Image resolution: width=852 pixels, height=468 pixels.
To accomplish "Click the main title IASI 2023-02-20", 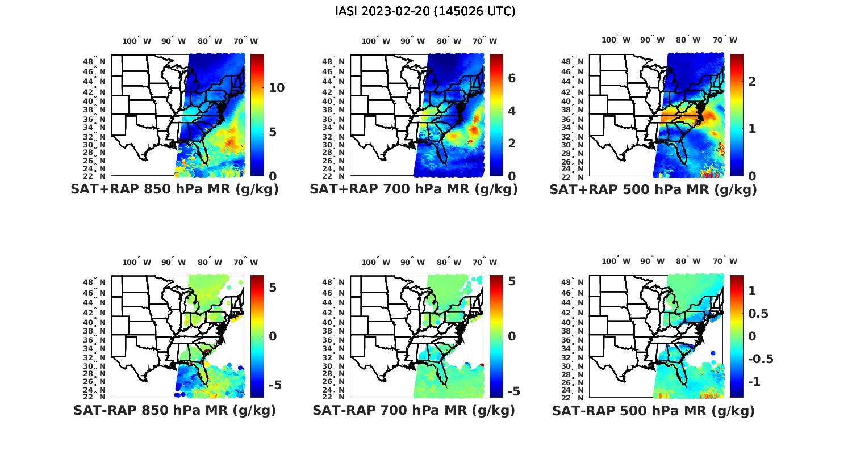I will pyautogui.click(x=425, y=11).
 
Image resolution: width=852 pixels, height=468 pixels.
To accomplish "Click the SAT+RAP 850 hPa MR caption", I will pyautogui.click(x=174, y=189).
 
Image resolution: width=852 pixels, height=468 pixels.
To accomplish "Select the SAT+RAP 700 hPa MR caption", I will pyautogui.click(x=414, y=189).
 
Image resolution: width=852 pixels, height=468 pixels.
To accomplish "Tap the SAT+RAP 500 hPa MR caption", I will pyautogui.click(x=653, y=189).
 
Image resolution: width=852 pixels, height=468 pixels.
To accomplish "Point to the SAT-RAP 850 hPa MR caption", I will pyautogui.click(x=174, y=410).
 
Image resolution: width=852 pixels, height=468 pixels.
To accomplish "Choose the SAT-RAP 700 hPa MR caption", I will pyautogui.click(x=414, y=410).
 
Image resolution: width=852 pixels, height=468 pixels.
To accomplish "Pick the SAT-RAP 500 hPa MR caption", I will pyautogui.click(x=653, y=411).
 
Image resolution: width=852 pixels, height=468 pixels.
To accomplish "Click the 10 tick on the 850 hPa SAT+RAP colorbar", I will pyautogui.click(x=277, y=88).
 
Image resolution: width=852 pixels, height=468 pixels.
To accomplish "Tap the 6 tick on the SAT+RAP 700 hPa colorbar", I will pyautogui.click(x=511, y=78).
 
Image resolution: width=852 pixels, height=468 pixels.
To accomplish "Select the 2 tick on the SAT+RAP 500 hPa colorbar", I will pyautogui.click(x=752, y=81).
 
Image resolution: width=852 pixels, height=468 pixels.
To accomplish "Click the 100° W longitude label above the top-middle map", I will pyautogui.click(x=375, y=41).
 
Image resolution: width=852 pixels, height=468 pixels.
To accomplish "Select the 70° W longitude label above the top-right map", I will pyautogui.click(x=725, y=40).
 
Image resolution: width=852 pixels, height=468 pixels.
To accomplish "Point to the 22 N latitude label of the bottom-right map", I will pyautogui.click(x=577, y=397).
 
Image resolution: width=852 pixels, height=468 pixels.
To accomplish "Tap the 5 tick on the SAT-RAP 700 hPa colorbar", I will pyautogui.click(x=511, y=281).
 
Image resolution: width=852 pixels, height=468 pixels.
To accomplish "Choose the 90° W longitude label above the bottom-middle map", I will pyautogui.click(x=413, y=262).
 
